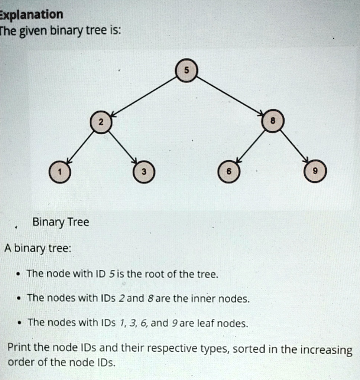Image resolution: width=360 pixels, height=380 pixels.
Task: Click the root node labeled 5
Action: point(186,70)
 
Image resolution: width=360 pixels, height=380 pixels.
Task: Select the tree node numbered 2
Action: point(101,122)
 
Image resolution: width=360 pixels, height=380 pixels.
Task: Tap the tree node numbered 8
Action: point(273,121)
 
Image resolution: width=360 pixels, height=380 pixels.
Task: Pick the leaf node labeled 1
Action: point(60,172)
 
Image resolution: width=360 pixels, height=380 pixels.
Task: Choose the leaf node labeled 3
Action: point(144,171)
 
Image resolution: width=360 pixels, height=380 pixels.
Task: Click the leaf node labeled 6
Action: point(229,171)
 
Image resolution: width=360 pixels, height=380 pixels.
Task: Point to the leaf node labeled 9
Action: point(315,171)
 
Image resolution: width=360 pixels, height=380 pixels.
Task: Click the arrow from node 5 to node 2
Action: point(144,96)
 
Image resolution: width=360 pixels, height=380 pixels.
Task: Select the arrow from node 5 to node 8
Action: point(230,95)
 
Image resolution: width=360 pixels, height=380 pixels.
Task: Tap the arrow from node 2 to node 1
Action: point(80,148)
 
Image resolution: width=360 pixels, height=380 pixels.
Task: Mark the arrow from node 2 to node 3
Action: point(123,147)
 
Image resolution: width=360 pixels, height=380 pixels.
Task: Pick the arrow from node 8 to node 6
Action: point(251,146)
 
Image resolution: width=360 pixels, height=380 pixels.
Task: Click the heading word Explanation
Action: point(31,15)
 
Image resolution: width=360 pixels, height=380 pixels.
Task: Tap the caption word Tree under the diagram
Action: point(78,222)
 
